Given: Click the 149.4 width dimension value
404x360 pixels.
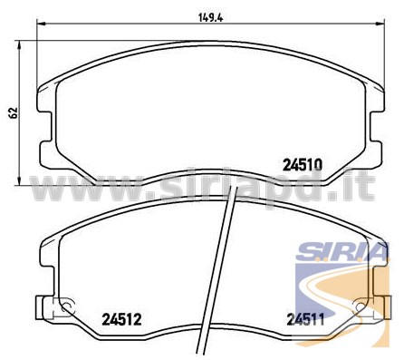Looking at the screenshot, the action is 210,17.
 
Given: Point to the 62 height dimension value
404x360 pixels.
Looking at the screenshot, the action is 14,112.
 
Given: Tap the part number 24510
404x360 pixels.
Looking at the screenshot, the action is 303,165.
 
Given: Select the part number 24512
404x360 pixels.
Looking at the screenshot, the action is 121,319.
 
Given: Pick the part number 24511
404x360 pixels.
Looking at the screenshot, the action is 305,319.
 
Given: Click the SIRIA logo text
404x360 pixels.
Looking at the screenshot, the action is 341,251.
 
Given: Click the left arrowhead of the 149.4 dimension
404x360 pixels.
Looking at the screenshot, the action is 41,23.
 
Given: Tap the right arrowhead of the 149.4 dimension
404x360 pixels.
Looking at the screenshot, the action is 380,23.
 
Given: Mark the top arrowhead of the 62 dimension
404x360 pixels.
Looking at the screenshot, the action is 19,44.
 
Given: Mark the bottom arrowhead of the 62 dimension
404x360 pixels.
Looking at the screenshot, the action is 19,180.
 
